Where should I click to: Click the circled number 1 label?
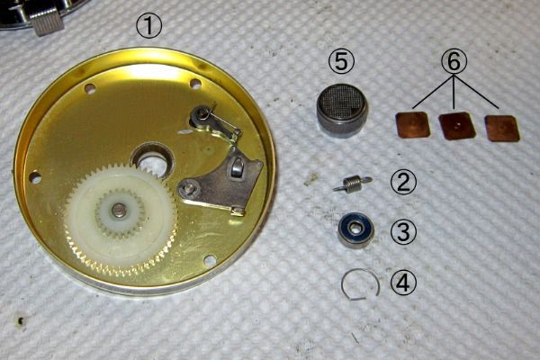point(148,26)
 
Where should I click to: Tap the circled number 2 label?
point(403,183)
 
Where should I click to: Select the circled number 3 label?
point(403,232)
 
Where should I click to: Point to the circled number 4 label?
point(403,283)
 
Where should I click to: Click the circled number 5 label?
point(341,62)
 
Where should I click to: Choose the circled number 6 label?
point(454,62)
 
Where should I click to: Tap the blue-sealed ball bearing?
point(354,229)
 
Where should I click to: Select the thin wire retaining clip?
point(361,283)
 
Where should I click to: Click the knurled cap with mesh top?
point(342,111)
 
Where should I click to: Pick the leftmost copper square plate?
point(413,125)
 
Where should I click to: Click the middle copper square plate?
point(457,126)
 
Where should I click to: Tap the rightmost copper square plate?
point(502,128)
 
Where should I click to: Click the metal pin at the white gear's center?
point(119,209)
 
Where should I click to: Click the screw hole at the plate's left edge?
point(34,177)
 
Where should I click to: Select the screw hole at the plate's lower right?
point(208,260)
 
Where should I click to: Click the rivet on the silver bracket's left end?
point(189,188)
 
